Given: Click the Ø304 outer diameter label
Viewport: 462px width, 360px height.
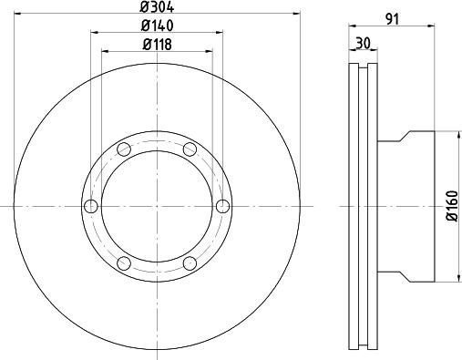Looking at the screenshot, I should (x=159, y=6).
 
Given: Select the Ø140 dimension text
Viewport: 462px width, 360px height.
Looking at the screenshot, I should (x=159, y=26).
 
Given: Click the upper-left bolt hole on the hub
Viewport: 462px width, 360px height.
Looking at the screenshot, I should (x=127, y=149).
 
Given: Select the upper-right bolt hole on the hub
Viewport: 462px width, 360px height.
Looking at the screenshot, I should (x=189, y=149).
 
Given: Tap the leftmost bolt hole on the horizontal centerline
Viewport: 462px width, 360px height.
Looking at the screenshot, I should (x=90, y=205).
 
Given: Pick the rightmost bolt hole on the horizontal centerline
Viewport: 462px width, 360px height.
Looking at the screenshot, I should (x=221, y=205).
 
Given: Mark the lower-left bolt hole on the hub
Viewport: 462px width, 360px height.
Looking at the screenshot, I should (x=127, y=263).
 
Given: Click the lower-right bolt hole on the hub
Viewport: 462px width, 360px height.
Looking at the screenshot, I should (x=190, y=263).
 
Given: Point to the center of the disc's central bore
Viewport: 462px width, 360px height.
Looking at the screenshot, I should (x=157, y=206).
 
